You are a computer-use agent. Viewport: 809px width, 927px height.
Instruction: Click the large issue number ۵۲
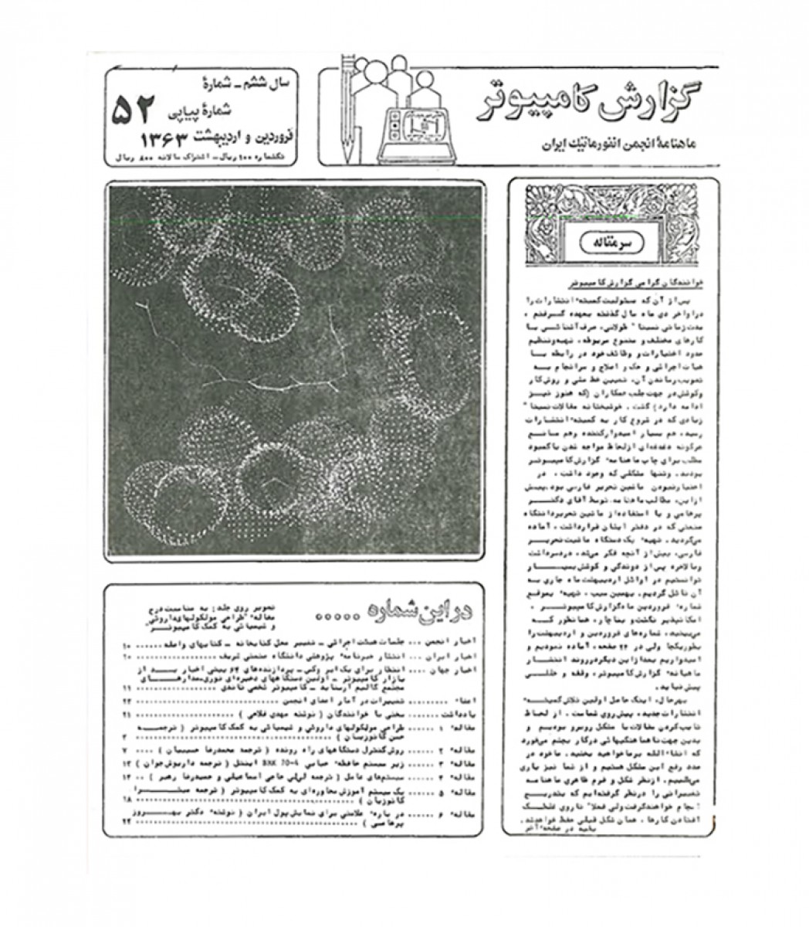click(134, 110)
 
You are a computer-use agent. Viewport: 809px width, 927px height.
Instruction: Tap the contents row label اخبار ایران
click(455, 655)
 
